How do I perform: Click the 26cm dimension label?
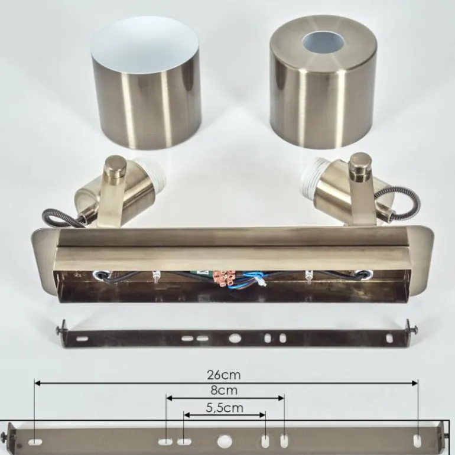[224, 375]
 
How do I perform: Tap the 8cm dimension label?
[224, 390]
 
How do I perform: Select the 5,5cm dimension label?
[225, 408]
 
